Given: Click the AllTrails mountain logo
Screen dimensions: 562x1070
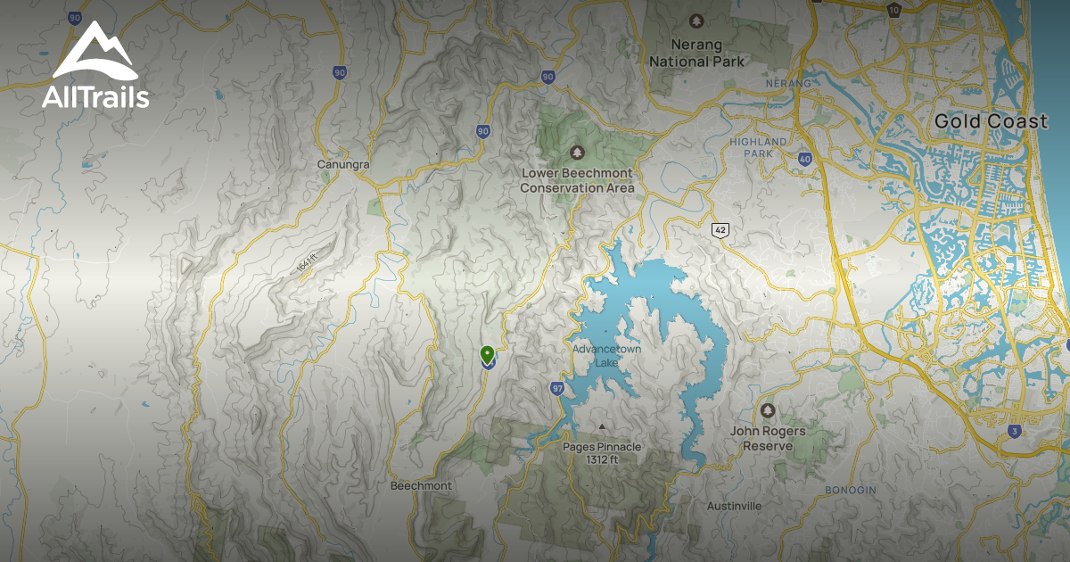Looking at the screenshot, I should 95,52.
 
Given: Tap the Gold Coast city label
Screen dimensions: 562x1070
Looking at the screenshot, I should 991,121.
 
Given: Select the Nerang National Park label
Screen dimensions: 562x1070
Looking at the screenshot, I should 696,54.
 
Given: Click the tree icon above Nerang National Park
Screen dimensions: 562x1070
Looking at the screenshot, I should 695,21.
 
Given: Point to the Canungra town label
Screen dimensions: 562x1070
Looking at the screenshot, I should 343,165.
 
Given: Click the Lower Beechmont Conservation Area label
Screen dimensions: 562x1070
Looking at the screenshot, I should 577,180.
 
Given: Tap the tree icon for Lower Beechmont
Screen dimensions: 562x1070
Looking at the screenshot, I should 577,151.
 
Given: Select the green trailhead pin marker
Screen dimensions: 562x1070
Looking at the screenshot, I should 487,354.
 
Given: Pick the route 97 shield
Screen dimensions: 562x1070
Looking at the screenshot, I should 557,388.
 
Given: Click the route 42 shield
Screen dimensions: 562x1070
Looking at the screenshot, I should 720,230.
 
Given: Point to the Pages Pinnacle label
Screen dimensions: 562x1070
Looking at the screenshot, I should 602,453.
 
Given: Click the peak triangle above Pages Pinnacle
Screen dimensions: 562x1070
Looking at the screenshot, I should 602,426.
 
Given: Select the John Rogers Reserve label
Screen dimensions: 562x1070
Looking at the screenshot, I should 768,437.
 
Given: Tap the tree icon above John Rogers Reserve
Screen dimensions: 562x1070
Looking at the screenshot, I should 768,409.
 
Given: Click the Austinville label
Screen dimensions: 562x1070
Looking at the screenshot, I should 734,506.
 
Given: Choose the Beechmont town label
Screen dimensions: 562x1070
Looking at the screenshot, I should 421,486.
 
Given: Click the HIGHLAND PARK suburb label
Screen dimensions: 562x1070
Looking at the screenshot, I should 758,147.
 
